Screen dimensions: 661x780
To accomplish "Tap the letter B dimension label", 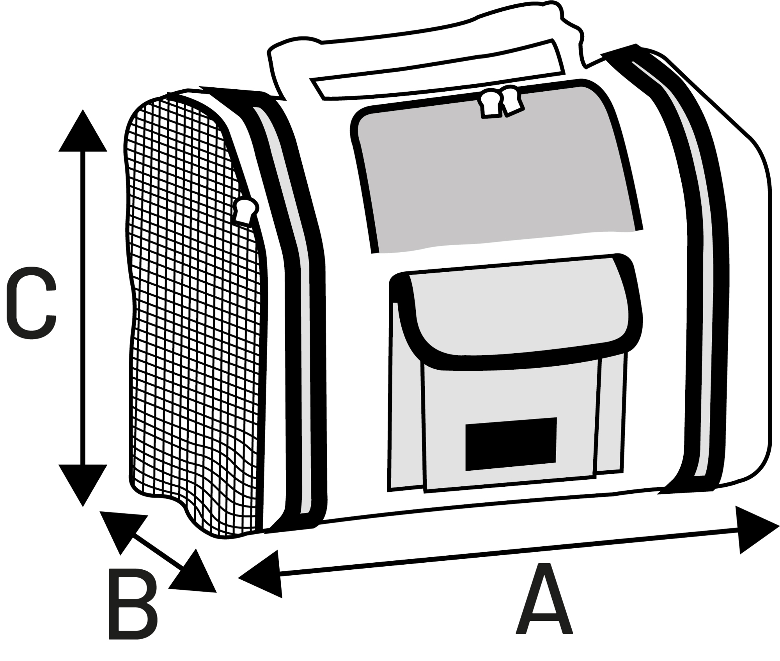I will point(132,606).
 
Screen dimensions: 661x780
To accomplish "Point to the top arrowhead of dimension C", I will point(83,133).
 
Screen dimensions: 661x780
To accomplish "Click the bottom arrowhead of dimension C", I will point(83,484).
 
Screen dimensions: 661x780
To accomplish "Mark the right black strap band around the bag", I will point(698,273).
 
